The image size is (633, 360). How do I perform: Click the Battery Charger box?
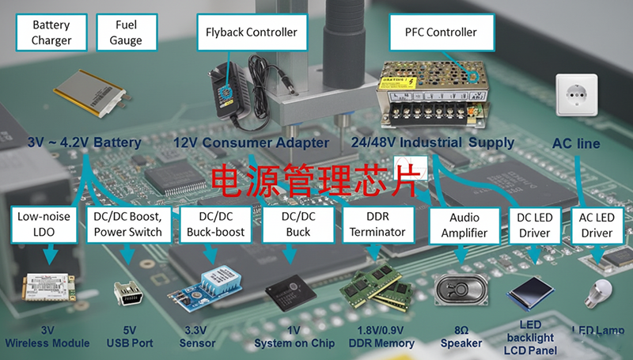pyautogui.click(x=51, y=33)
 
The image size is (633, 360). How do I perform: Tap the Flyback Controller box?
pyautogui.click(x=251, y=32)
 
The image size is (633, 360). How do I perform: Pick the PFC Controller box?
pyautogui.click(x=440, y=32)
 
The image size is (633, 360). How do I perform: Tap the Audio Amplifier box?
pyautogui.click(x=464, y=225)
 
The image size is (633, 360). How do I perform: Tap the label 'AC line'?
pyautogui.click(x=575, y=143)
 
